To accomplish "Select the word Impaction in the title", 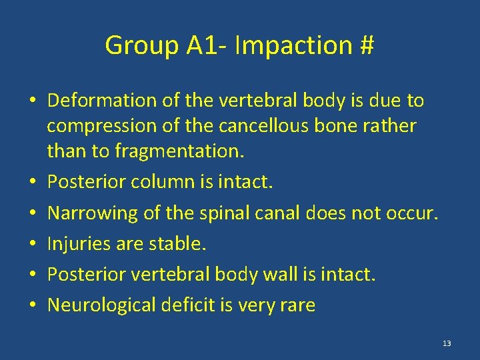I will click(x=290, y=45).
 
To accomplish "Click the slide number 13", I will click(x=446, y=343).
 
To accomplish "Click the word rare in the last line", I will click(x=297, y=305).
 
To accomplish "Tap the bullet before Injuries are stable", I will click(x=33, y=245).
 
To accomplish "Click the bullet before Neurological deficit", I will click(x=33, y=306).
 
